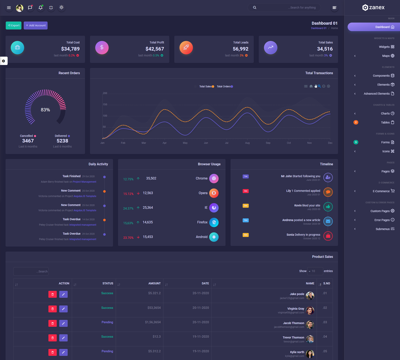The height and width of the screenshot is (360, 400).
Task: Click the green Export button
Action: (14, 26)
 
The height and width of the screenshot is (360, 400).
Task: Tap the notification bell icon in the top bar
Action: (41, 7)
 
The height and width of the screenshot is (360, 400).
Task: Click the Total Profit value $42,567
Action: (155, 49)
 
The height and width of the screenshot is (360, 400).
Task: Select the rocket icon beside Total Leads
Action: (186, 47)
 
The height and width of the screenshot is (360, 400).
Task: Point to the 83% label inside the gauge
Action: (45, 110)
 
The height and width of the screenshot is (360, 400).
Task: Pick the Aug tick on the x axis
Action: (247, 143)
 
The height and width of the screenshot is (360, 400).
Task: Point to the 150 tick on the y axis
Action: (105, 105)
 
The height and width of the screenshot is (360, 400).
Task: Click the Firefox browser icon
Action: (214, 222)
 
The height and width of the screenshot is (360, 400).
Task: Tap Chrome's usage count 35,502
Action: (151, 178)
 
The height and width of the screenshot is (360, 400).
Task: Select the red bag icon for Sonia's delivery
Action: (328, 236)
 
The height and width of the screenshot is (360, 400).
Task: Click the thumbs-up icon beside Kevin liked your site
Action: (328, 207)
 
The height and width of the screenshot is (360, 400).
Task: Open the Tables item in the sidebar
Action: (385, 122)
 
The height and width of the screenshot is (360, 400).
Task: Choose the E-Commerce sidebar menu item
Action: (381, 191)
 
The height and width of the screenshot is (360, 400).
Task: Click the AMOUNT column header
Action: (154, 283)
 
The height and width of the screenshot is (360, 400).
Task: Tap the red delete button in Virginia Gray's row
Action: (52, 309)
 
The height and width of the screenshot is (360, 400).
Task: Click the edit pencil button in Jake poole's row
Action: (63, 294)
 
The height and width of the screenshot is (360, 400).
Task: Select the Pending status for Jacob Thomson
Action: (107, 322)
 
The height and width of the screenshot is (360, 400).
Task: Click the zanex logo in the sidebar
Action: (373, 7)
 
